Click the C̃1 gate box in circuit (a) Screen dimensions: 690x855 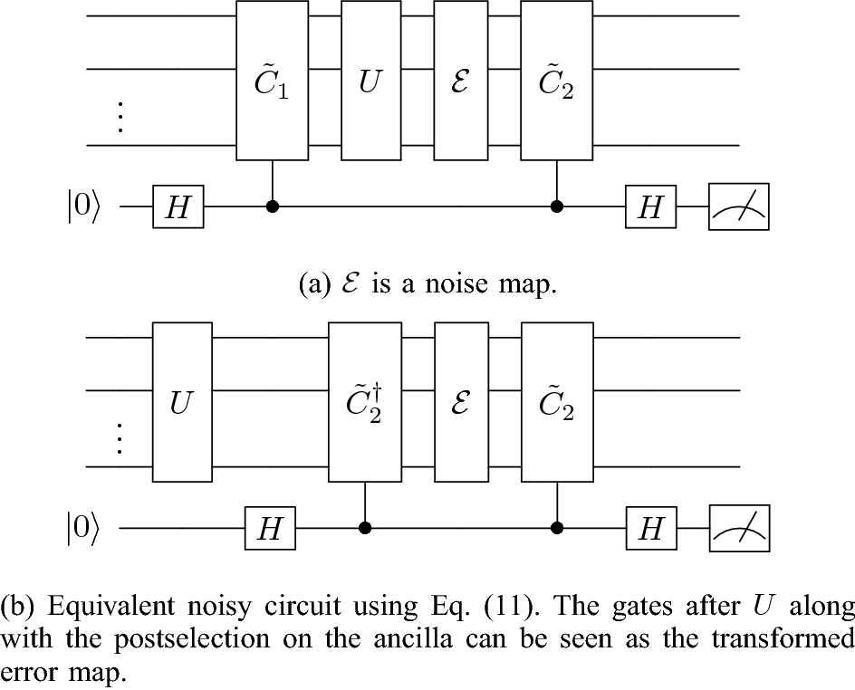click(x=273, y=81)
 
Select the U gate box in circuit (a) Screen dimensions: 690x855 click(x=371, y=81)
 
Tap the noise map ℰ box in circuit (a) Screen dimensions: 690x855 click(x=460, y=81)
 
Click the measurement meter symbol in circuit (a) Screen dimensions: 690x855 click(x=738, y=207)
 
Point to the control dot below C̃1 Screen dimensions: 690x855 click(x=273, y=207)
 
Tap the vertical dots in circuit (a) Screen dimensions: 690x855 click(x=120, y=118)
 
